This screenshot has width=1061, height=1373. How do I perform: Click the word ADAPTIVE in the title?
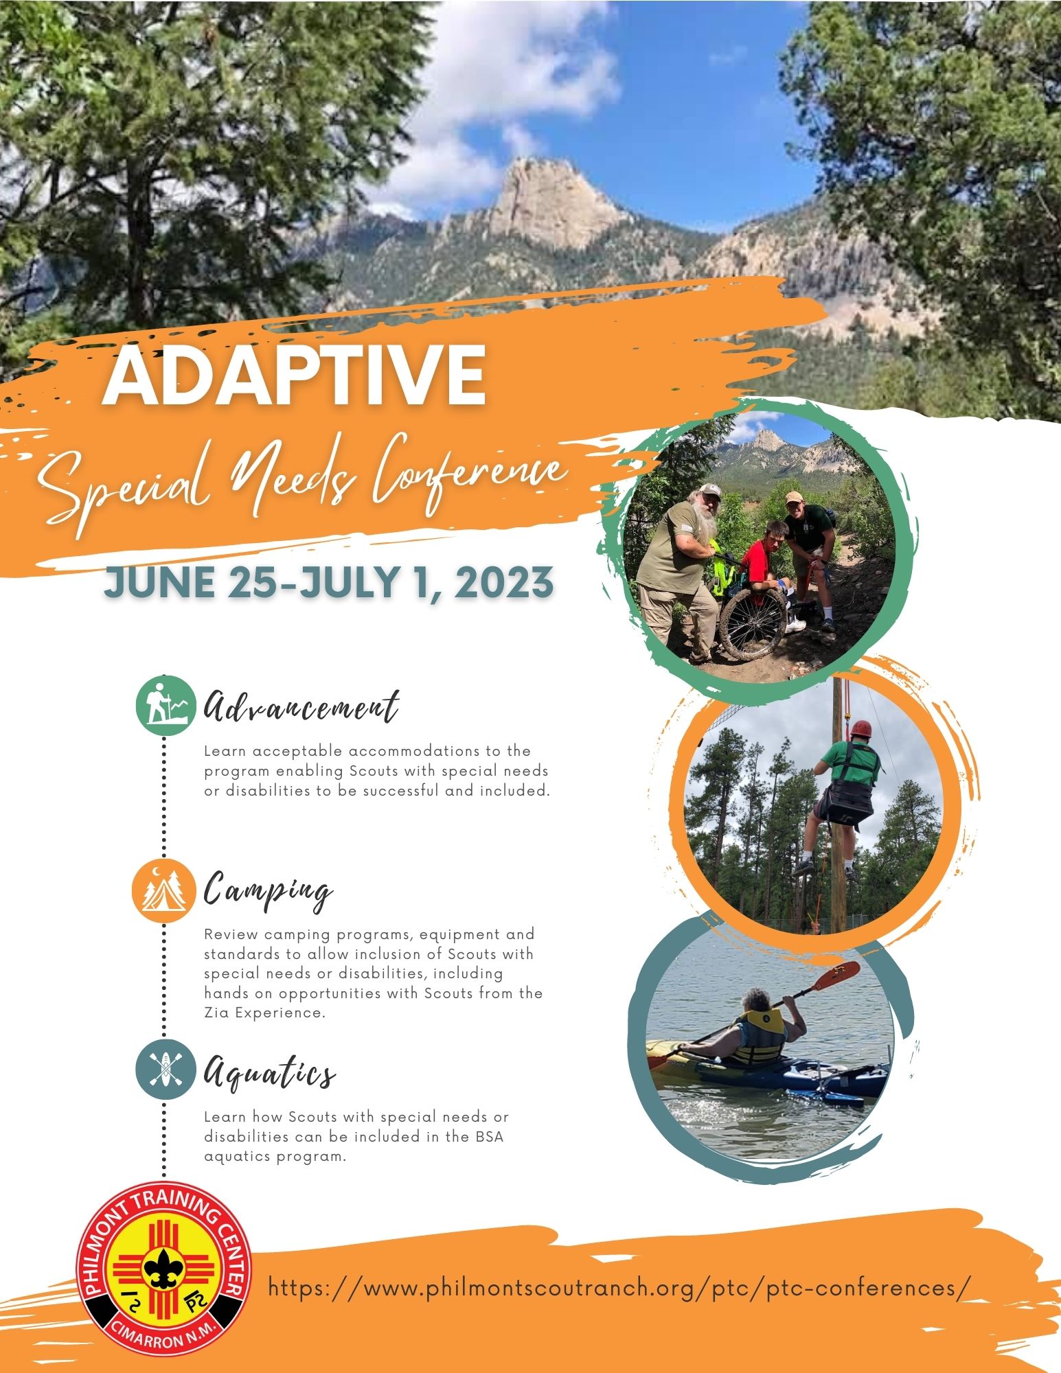(x=295, y=378)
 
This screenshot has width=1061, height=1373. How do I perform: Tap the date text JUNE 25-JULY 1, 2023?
(x=328, y=582)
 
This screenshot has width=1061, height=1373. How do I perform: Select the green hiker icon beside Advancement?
(x=163, y=702)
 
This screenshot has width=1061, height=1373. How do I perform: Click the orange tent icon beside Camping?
(x=163, y=890)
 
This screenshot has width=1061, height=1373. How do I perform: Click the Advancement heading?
(x=301, y=706)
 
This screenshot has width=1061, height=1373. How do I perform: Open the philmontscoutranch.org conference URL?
(x=619, y=1287)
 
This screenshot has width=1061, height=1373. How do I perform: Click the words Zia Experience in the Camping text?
(x=264, y=1013)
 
